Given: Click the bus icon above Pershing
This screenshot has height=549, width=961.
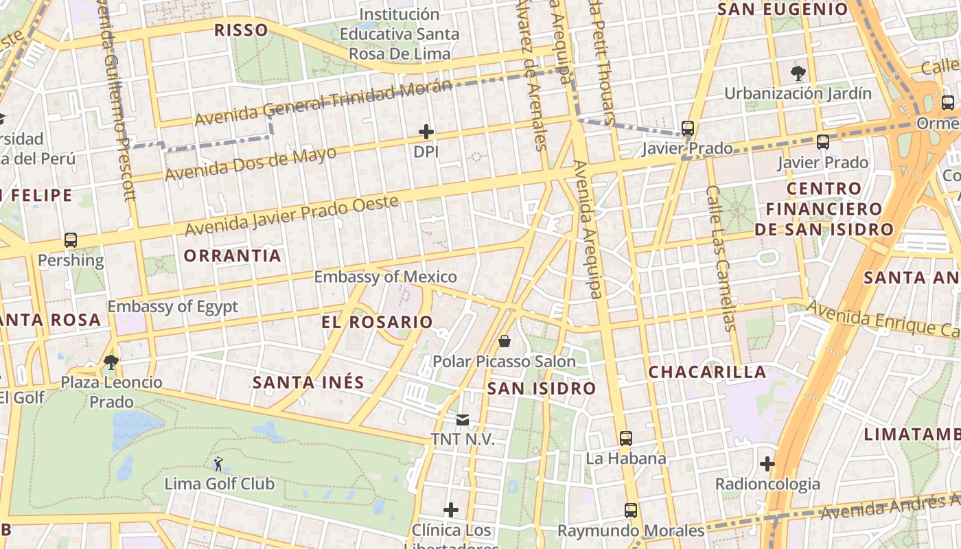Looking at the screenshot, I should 71,240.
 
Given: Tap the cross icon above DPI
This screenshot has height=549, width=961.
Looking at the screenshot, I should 426,131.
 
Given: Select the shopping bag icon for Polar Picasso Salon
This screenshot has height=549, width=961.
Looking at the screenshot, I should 505,341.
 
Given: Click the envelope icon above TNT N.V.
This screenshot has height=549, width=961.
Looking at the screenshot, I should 463,419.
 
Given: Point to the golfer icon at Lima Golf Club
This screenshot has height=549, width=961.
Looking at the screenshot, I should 218,464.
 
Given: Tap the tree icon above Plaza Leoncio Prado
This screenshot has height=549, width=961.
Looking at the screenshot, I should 111,362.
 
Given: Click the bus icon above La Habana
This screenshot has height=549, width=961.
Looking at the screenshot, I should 625,438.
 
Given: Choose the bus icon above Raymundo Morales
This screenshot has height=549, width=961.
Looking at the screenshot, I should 631,511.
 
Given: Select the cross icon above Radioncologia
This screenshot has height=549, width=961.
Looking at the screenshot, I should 767,464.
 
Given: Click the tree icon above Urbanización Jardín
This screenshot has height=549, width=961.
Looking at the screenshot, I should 798,73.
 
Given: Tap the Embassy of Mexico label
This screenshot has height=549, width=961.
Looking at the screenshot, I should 385,277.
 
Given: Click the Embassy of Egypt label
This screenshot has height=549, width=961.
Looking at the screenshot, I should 172,307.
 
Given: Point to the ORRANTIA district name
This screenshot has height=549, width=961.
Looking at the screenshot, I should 233,256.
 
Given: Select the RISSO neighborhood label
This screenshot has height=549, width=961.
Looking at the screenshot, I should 240,30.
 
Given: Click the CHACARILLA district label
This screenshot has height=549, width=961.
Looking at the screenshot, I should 707,372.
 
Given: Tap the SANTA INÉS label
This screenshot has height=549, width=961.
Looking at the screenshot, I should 308,382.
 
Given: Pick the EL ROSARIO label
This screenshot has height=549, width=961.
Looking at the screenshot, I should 377,322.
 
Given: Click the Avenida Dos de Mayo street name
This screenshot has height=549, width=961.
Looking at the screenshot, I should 251,163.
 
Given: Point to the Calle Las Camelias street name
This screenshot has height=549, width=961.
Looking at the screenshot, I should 721,258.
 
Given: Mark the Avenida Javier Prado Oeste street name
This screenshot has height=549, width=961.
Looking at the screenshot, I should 292,215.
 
